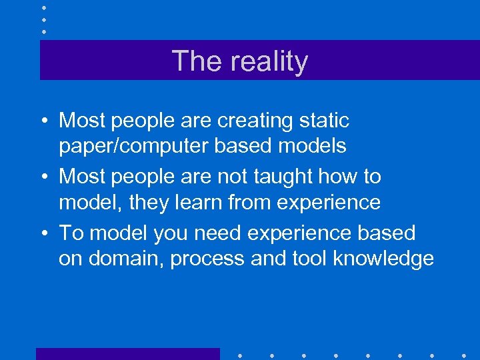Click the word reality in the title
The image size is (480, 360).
tap(269, 61)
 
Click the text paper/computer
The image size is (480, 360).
tap(133, 146)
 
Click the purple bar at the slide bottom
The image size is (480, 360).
tap(127, 354)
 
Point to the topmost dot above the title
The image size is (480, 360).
tap(43, 7)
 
